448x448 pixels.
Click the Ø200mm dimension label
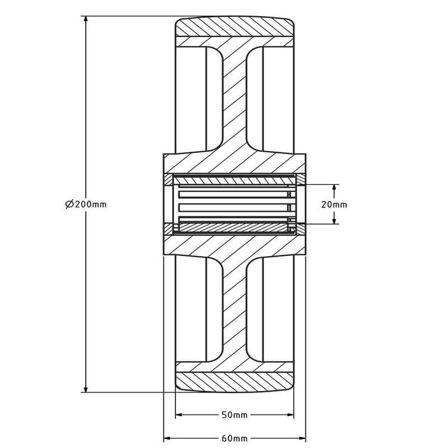coord(85,204)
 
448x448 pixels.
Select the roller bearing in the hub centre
coord(234,204)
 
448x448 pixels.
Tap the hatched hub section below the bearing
coord(234,246)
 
